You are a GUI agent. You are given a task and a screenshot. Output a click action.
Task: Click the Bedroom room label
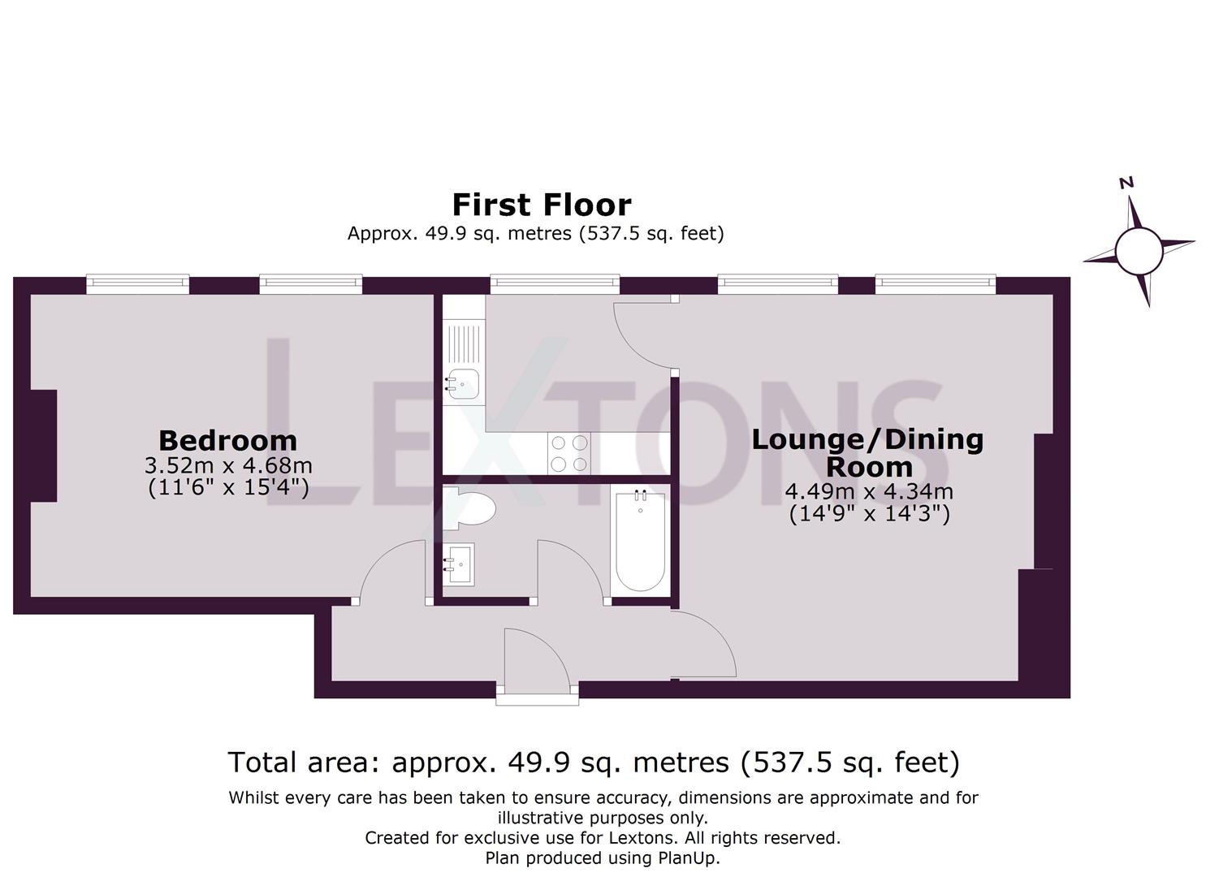227,440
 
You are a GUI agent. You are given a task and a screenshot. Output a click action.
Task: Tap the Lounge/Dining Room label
867,452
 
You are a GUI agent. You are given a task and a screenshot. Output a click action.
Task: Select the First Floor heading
541,204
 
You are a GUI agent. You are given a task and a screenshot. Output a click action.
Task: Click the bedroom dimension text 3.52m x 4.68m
228,466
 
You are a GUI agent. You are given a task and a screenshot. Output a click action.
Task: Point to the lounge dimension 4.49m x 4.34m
868,492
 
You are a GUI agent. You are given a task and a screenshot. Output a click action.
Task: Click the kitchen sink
463,382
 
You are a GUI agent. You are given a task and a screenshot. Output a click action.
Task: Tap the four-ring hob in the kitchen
568,453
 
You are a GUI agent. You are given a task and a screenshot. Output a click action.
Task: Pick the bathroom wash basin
460,564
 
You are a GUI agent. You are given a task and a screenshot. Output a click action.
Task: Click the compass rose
1139,250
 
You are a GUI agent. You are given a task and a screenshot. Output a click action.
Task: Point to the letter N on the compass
1126,184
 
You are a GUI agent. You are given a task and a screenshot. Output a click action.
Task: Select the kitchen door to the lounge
644,335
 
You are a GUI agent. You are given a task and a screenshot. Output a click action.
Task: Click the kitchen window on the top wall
555,283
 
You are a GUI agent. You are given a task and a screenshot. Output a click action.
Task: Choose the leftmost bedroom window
138,283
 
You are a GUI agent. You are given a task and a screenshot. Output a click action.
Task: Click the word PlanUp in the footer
689,858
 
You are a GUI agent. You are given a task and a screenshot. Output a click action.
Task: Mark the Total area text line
594,763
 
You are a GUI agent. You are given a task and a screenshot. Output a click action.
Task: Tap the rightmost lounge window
935,283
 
